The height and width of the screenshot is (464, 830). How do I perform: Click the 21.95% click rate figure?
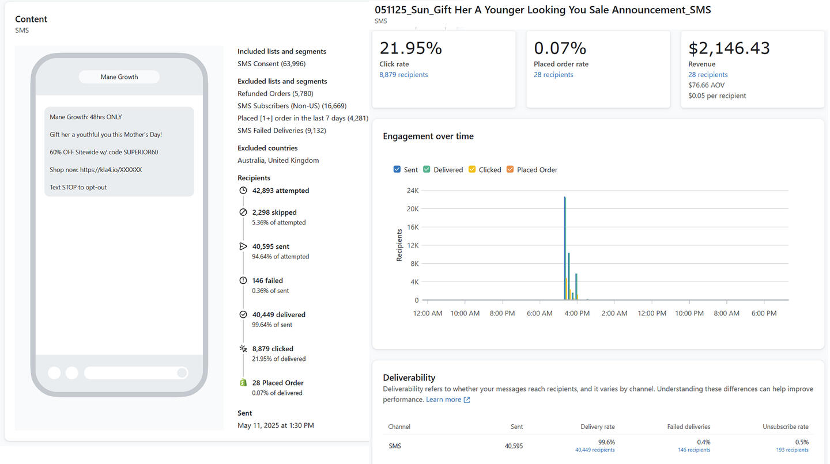point(410,48)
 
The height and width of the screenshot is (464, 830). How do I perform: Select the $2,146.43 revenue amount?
point(729,48)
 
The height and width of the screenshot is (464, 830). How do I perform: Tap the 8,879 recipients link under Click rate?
point(403,75)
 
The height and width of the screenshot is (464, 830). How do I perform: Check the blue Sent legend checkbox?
point(397,169)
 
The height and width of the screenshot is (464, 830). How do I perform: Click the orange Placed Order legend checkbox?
point(510,169)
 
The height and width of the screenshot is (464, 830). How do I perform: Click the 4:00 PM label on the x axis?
point(577,313)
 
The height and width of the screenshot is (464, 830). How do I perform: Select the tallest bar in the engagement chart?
point(565,248)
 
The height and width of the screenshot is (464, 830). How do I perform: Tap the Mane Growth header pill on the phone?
point(119,77)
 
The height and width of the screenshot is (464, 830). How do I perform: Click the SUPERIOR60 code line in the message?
point(104,152)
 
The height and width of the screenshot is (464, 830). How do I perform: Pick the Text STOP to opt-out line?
point(78,187)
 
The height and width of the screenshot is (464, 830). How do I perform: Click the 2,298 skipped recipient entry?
point(274,212)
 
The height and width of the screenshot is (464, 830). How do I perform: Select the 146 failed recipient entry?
point(267,281)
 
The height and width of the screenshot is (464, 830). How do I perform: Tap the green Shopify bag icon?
point(243,383)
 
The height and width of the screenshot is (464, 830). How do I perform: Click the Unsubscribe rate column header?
point(785,427)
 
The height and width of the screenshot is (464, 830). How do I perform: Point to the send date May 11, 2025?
point(276,425)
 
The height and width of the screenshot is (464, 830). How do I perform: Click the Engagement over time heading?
point(428,136)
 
